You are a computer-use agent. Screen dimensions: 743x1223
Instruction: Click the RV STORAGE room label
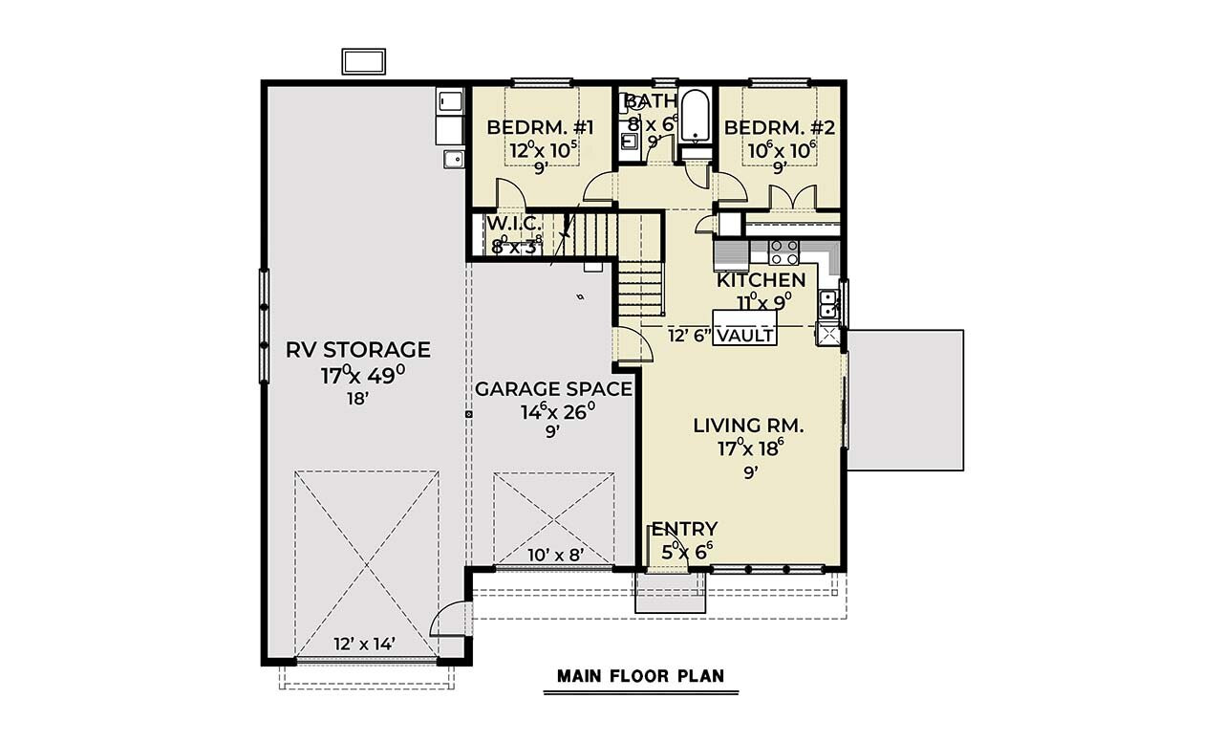[x=358, y=350]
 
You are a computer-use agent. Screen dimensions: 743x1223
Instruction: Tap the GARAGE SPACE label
[x=553, y=389]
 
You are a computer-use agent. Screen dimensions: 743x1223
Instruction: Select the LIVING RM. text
[x=748, y=426]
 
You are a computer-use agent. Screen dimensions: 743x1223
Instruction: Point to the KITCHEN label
[x=761, y=280]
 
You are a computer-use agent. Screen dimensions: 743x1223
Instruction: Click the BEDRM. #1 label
[x=541, y=128]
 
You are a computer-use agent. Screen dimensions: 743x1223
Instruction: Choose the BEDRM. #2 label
[x=779, y=128]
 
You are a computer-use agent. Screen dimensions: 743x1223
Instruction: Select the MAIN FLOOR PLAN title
[x=640, y=676]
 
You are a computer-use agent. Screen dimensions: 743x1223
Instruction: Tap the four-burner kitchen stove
[x=784, y=251]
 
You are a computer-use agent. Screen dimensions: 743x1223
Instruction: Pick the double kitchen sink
[x=828, y=304]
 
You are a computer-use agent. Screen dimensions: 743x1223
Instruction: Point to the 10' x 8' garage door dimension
[x=555, y=554]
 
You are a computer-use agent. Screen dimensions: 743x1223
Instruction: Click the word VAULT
[x=744, y=336]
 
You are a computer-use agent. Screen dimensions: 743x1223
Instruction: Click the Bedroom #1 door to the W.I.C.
[x=507, y=196]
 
